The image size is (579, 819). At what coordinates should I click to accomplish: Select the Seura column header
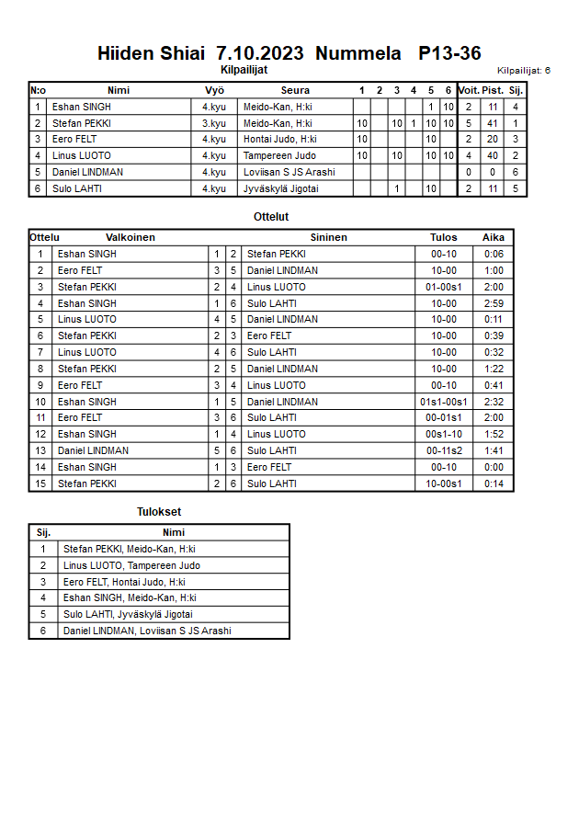pos(295,90)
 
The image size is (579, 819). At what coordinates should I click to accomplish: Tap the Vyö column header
pos(213,90)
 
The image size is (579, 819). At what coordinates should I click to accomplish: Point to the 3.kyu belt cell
pos(213,123)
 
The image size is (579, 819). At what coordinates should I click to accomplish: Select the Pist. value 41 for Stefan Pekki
pos(493,123)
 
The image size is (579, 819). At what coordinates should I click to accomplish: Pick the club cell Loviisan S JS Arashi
pos(289,172)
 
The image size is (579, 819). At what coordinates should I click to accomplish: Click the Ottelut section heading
pos(271,217)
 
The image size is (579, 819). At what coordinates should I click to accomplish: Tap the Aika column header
pos(494,237)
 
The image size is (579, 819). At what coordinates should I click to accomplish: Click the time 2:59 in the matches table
pos(494,303)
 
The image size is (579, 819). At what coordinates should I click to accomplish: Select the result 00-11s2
pos(443,450)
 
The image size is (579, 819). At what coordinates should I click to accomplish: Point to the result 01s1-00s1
pos(443,402)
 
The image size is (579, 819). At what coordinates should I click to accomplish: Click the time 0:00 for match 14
pos(494,467)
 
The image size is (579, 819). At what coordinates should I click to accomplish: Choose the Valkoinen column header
pos(131,237)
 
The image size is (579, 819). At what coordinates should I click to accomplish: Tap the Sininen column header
pos(328,237)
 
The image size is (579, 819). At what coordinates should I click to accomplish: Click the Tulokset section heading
pos(159,512)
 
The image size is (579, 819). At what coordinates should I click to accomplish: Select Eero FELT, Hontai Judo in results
pos(124,582)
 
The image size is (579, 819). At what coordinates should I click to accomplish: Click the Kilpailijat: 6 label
pos(524,70)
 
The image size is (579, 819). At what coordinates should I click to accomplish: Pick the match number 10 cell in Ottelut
pos(40,402)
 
